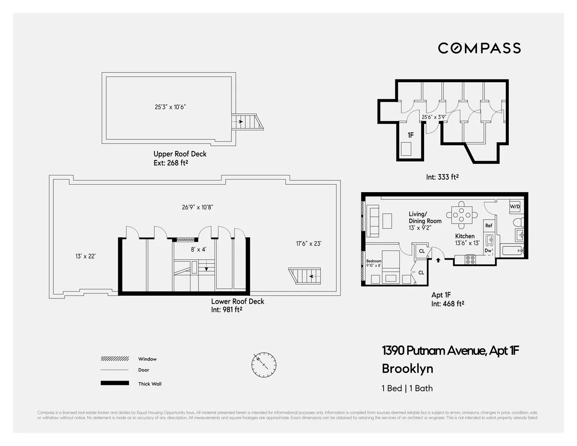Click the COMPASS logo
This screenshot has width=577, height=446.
[479, 48]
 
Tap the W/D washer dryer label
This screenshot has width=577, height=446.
[514, 206]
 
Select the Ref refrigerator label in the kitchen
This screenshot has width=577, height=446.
[489, 225]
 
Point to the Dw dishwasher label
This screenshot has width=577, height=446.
[488, 250]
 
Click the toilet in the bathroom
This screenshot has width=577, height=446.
[517, 223]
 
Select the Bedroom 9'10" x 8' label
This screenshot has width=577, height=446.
[374, 263]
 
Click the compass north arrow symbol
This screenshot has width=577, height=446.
[263, 364]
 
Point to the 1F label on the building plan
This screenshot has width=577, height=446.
[411, 136]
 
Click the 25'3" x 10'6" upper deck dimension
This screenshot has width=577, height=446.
[167, 107]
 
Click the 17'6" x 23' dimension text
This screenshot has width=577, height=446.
[308, 244]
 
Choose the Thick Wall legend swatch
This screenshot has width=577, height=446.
[114, 383]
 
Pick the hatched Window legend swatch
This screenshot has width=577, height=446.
[114, 359]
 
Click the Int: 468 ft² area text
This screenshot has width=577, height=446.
[447, 304]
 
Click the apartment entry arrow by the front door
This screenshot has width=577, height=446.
[438, 260]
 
